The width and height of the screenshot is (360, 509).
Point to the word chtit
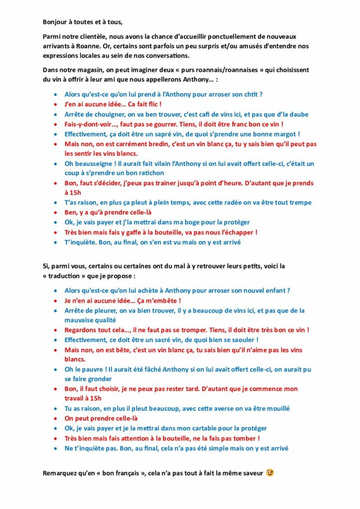(x=252, y=93)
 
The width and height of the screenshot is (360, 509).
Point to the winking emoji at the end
(x=270, y=472)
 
